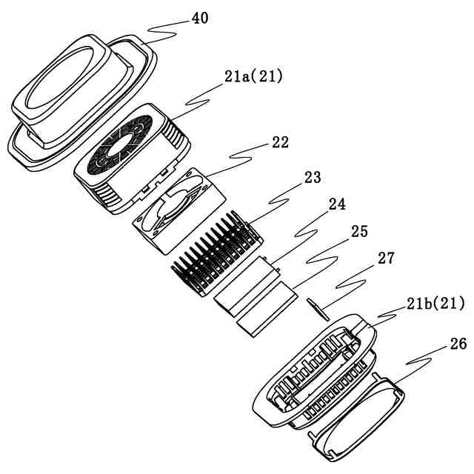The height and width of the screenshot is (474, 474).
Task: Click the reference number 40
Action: pos(199,19)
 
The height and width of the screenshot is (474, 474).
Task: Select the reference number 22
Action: pos(280,141)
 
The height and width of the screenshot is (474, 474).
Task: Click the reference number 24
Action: pos(337,203)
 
